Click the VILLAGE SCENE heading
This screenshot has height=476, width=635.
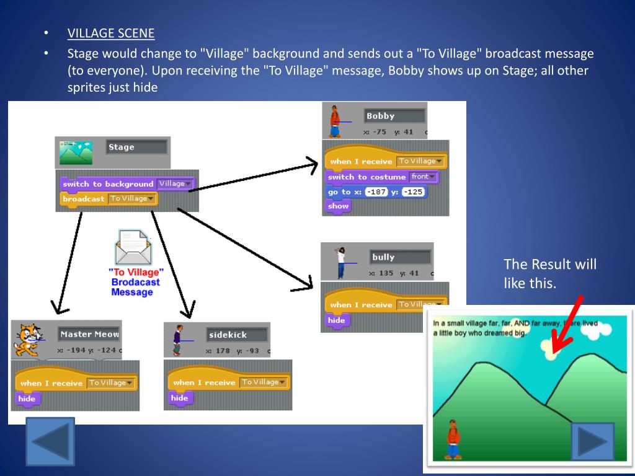[x=111, y=33]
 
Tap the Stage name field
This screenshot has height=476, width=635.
[x=136, y=148]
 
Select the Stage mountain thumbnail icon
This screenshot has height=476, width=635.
[x=75, y=152]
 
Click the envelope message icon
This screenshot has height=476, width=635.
[x=133, y=247]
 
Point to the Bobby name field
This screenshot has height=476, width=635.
[x=394, y=116]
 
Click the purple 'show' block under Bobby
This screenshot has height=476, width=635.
[x=339, y=206]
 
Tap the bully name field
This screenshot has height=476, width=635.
[x=400, y=257]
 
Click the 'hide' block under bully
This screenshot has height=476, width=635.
[x=337, y=320]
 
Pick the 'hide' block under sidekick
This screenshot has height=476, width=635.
[x=179, y=398]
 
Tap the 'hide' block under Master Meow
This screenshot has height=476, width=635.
[x=27, y=399]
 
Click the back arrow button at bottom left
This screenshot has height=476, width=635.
[x=50, y=441]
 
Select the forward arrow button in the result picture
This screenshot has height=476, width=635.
[x=592, y=441]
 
